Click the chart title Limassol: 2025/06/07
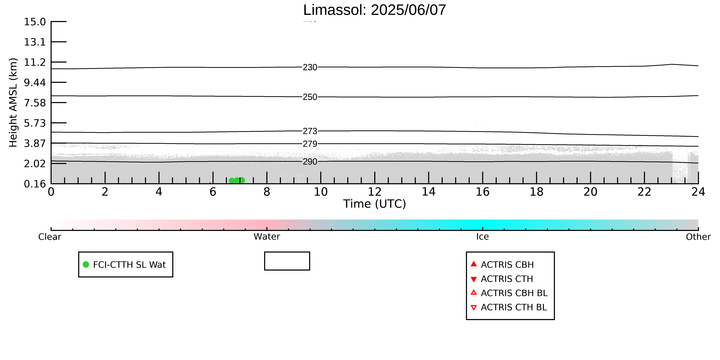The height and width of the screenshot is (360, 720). (375, 10)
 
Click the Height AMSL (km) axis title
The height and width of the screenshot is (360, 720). (13, 103)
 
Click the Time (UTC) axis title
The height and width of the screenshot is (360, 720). (375, 204)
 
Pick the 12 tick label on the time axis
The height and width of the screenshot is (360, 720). (375, 192)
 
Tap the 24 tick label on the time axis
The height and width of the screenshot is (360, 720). (698, 192)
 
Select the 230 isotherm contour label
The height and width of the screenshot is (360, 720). (310, 67)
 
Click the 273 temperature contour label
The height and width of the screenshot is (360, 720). (310, 131)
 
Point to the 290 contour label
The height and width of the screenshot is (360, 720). (310, 162)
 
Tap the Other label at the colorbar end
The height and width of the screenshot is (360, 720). (698, 237)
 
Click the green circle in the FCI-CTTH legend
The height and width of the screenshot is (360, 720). (86, 264)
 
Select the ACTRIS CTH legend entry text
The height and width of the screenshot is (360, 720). (507, 279)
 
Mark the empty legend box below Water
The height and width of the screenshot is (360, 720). (287, 252)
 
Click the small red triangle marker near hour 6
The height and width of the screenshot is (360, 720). (210, 183)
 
